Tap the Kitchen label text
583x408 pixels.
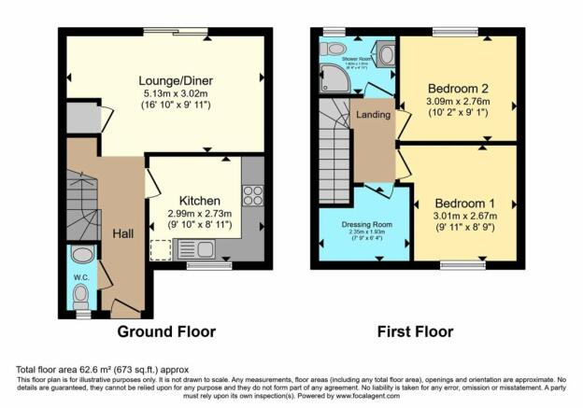(x=199, y=200)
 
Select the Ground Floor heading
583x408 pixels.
(x=165, y=331)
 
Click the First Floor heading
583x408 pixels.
(x=415, y=331)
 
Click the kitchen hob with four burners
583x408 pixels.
(x=252, y=195)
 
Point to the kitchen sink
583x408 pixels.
(x=208, y=249)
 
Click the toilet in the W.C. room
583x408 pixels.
(x=80, y=297)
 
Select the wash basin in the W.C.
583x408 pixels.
(x=81, y=255)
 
